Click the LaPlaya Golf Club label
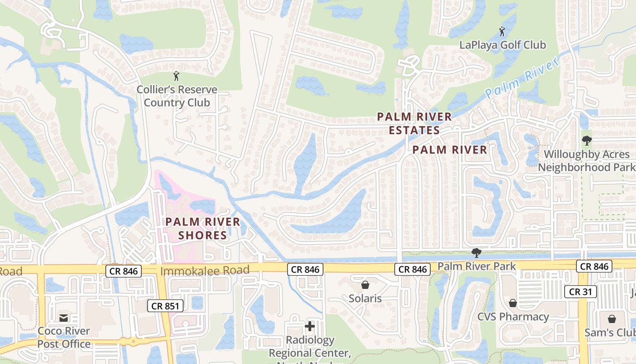click(502, 45)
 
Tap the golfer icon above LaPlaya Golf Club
click(502, 31)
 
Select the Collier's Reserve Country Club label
click(177, 96)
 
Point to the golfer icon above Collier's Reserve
click(176, 76)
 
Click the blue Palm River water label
click(522, 79)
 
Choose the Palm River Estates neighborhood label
click(414, 123)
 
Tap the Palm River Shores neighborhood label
click(203, 228)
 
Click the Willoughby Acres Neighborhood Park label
click(586, 161)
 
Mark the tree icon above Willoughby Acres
click(586, 140)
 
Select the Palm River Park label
click(477, 266)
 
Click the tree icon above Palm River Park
click(476, 253)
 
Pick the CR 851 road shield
click(164, 306)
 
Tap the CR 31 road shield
click(581, 292)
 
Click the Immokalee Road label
click(205, 271)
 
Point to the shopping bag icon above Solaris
click(365, 285)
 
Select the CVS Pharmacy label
click(513, 316)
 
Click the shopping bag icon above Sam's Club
click(612, 318)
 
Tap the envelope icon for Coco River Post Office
click(64, 317)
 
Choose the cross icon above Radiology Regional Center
click(310, 326)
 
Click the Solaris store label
click(365, 298)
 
